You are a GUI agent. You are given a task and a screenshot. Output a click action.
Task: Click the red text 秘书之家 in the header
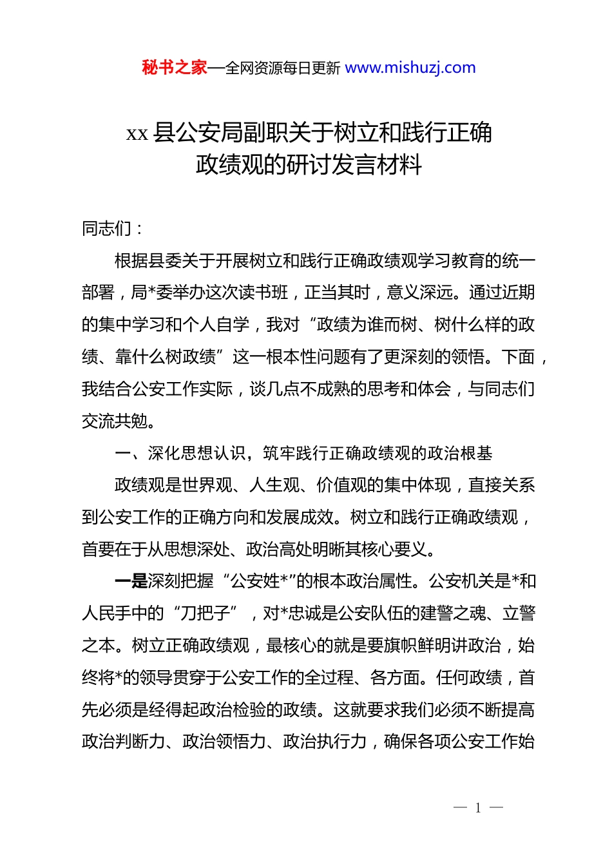174,68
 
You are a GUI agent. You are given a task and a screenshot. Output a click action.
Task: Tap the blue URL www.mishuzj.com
410,68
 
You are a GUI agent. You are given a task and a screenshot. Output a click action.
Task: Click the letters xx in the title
137,134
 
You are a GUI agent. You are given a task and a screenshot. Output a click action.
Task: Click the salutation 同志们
106,228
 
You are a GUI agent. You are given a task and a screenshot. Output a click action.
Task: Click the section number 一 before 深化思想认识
122,453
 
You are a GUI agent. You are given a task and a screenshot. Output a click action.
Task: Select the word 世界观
207,485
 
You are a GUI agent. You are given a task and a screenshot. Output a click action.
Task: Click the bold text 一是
131,581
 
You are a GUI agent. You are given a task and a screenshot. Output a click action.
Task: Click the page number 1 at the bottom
478,808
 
